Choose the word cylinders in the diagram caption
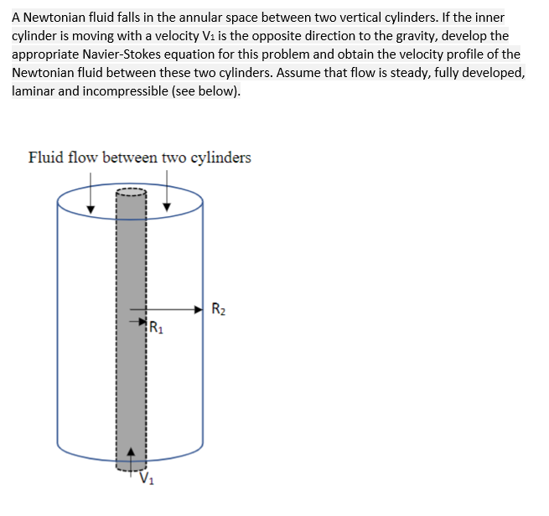pyautogui.click(x=220, y=157)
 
